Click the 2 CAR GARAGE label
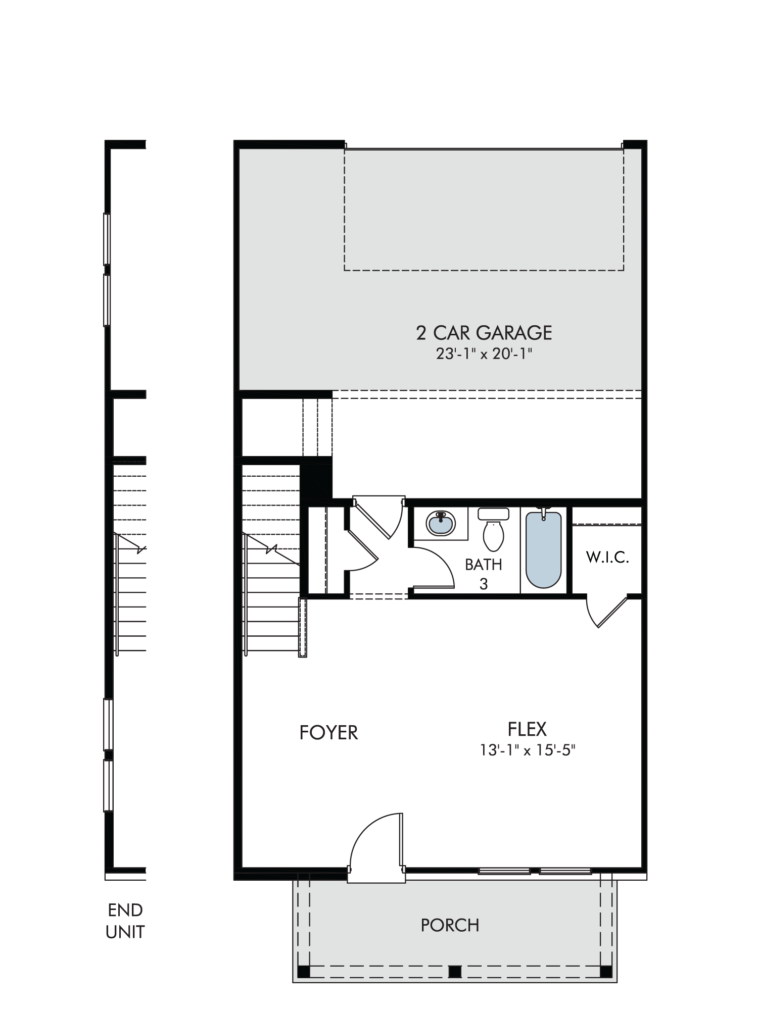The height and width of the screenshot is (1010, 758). tap(484, 333)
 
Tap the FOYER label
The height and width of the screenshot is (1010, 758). tap(328, 732)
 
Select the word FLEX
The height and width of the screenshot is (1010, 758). tap(527, 729)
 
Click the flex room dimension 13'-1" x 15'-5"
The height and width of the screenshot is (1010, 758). tap(528, 751)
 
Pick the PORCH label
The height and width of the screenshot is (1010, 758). tap(450, 925)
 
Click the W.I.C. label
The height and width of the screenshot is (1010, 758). tap(607, 558)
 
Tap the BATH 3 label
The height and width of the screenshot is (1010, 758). tap(484, 574)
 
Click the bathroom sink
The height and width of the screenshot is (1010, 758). tap(441, 524)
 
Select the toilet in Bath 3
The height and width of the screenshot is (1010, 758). tap(493, 530)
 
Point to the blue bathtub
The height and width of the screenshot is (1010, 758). tap(544, 550)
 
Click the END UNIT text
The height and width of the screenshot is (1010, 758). tap(125, 921)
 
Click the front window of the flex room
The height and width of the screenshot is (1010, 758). tap(535, 871)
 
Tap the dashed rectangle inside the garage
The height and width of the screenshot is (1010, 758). tap(484, 210)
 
